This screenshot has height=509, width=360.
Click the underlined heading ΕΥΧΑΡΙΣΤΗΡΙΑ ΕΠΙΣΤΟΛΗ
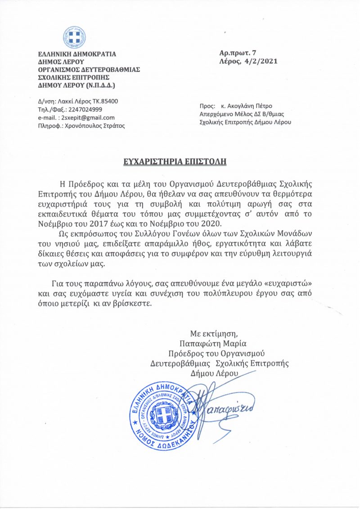[180, 161]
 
